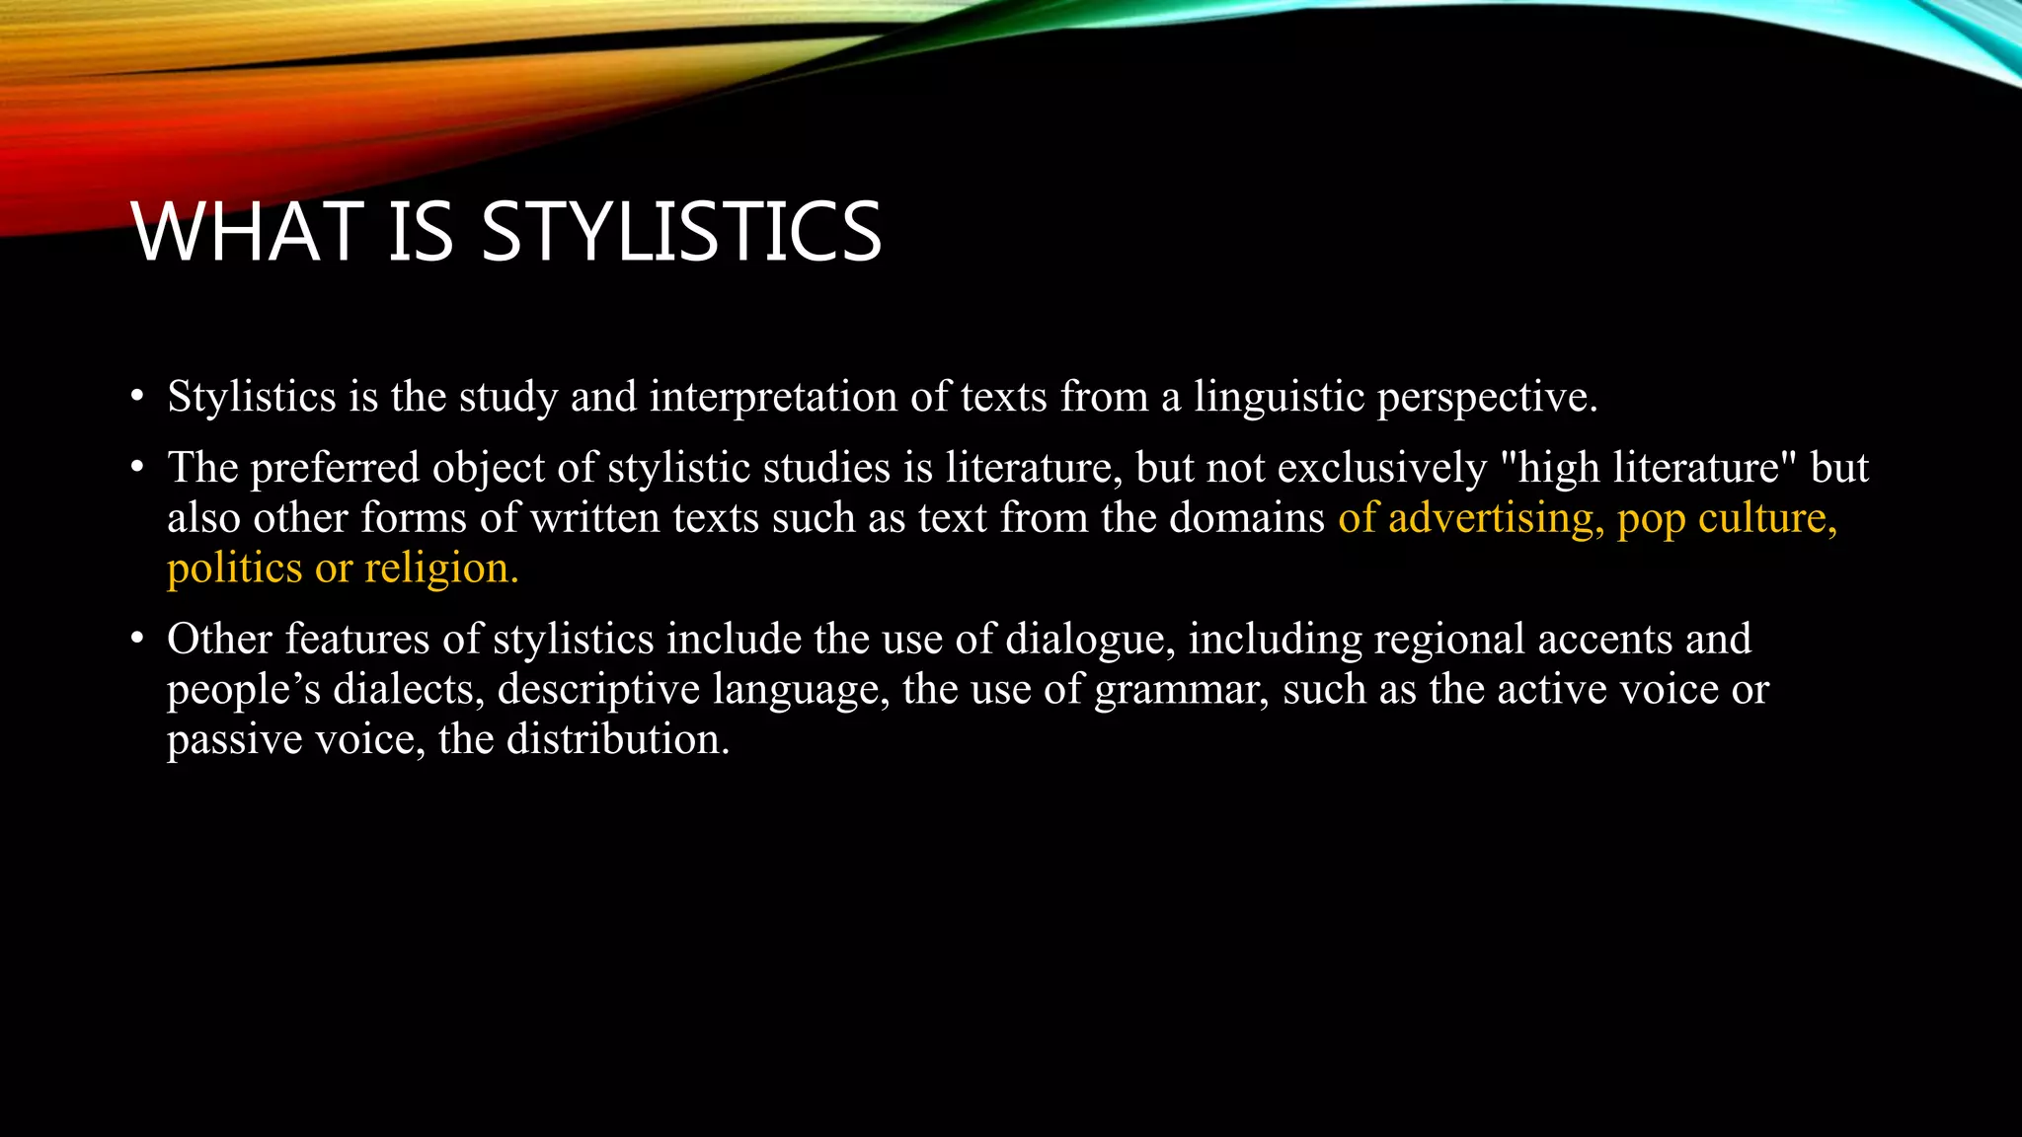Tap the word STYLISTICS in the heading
point(680,232)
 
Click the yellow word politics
point(235,569)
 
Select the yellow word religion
point(441,569)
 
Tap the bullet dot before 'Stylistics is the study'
point(137,398)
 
